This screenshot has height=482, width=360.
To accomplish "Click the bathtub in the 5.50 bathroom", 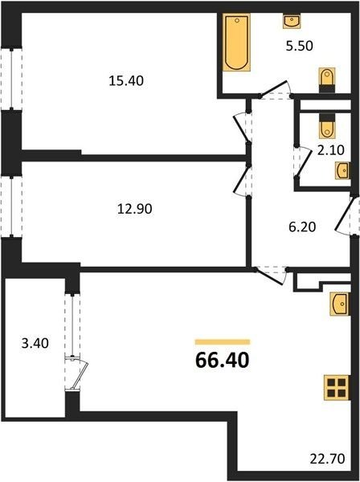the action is pos(236,43).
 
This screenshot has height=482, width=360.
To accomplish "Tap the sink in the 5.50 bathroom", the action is pos(292,21).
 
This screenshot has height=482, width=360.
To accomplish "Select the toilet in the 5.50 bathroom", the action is pos(327,80).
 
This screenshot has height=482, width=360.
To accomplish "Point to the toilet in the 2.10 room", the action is pos(327,125).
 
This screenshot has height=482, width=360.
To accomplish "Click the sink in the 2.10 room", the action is pos(342,170).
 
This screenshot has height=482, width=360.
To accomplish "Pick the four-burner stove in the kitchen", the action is pos(337,388).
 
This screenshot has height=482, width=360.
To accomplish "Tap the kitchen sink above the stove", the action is pos(339,304).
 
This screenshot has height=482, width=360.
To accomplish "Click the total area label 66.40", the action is pos(223,360).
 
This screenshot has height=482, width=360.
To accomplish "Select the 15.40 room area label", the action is pos(126,81).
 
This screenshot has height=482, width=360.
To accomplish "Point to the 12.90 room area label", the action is pos(135,209).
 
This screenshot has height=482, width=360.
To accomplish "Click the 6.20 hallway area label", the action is pos(302,227).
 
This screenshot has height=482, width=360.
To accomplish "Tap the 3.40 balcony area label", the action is pos(35,343).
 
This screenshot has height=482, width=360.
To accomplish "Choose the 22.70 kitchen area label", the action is pos(327,460).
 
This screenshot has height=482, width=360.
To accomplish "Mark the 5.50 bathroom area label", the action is pos(300,46).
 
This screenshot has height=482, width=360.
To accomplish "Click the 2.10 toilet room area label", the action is pos(331,150).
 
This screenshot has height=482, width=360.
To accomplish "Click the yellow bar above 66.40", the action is pos(223,342).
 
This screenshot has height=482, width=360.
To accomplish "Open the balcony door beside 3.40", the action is pos(77,376).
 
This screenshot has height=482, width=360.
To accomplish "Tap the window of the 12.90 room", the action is pos(11,206).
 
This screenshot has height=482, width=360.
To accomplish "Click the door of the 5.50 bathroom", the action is pos(276,90).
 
